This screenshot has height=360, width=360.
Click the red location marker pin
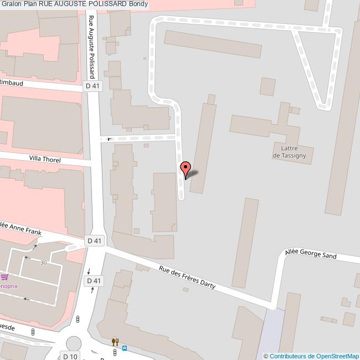(186, 168)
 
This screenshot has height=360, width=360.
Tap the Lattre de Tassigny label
(292, 151)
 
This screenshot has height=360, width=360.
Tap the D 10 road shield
(70, 356)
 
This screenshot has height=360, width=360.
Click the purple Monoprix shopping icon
(5, 277)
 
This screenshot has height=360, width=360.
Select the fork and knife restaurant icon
(115, 342)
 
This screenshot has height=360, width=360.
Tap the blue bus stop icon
(125, 348)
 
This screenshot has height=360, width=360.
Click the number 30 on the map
(43, 263)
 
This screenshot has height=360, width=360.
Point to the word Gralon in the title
(11, 4)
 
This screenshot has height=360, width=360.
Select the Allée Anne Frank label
(21, 228)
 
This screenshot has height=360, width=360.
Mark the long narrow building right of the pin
(203, 147)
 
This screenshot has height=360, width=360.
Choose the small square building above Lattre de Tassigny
(268, 86)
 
